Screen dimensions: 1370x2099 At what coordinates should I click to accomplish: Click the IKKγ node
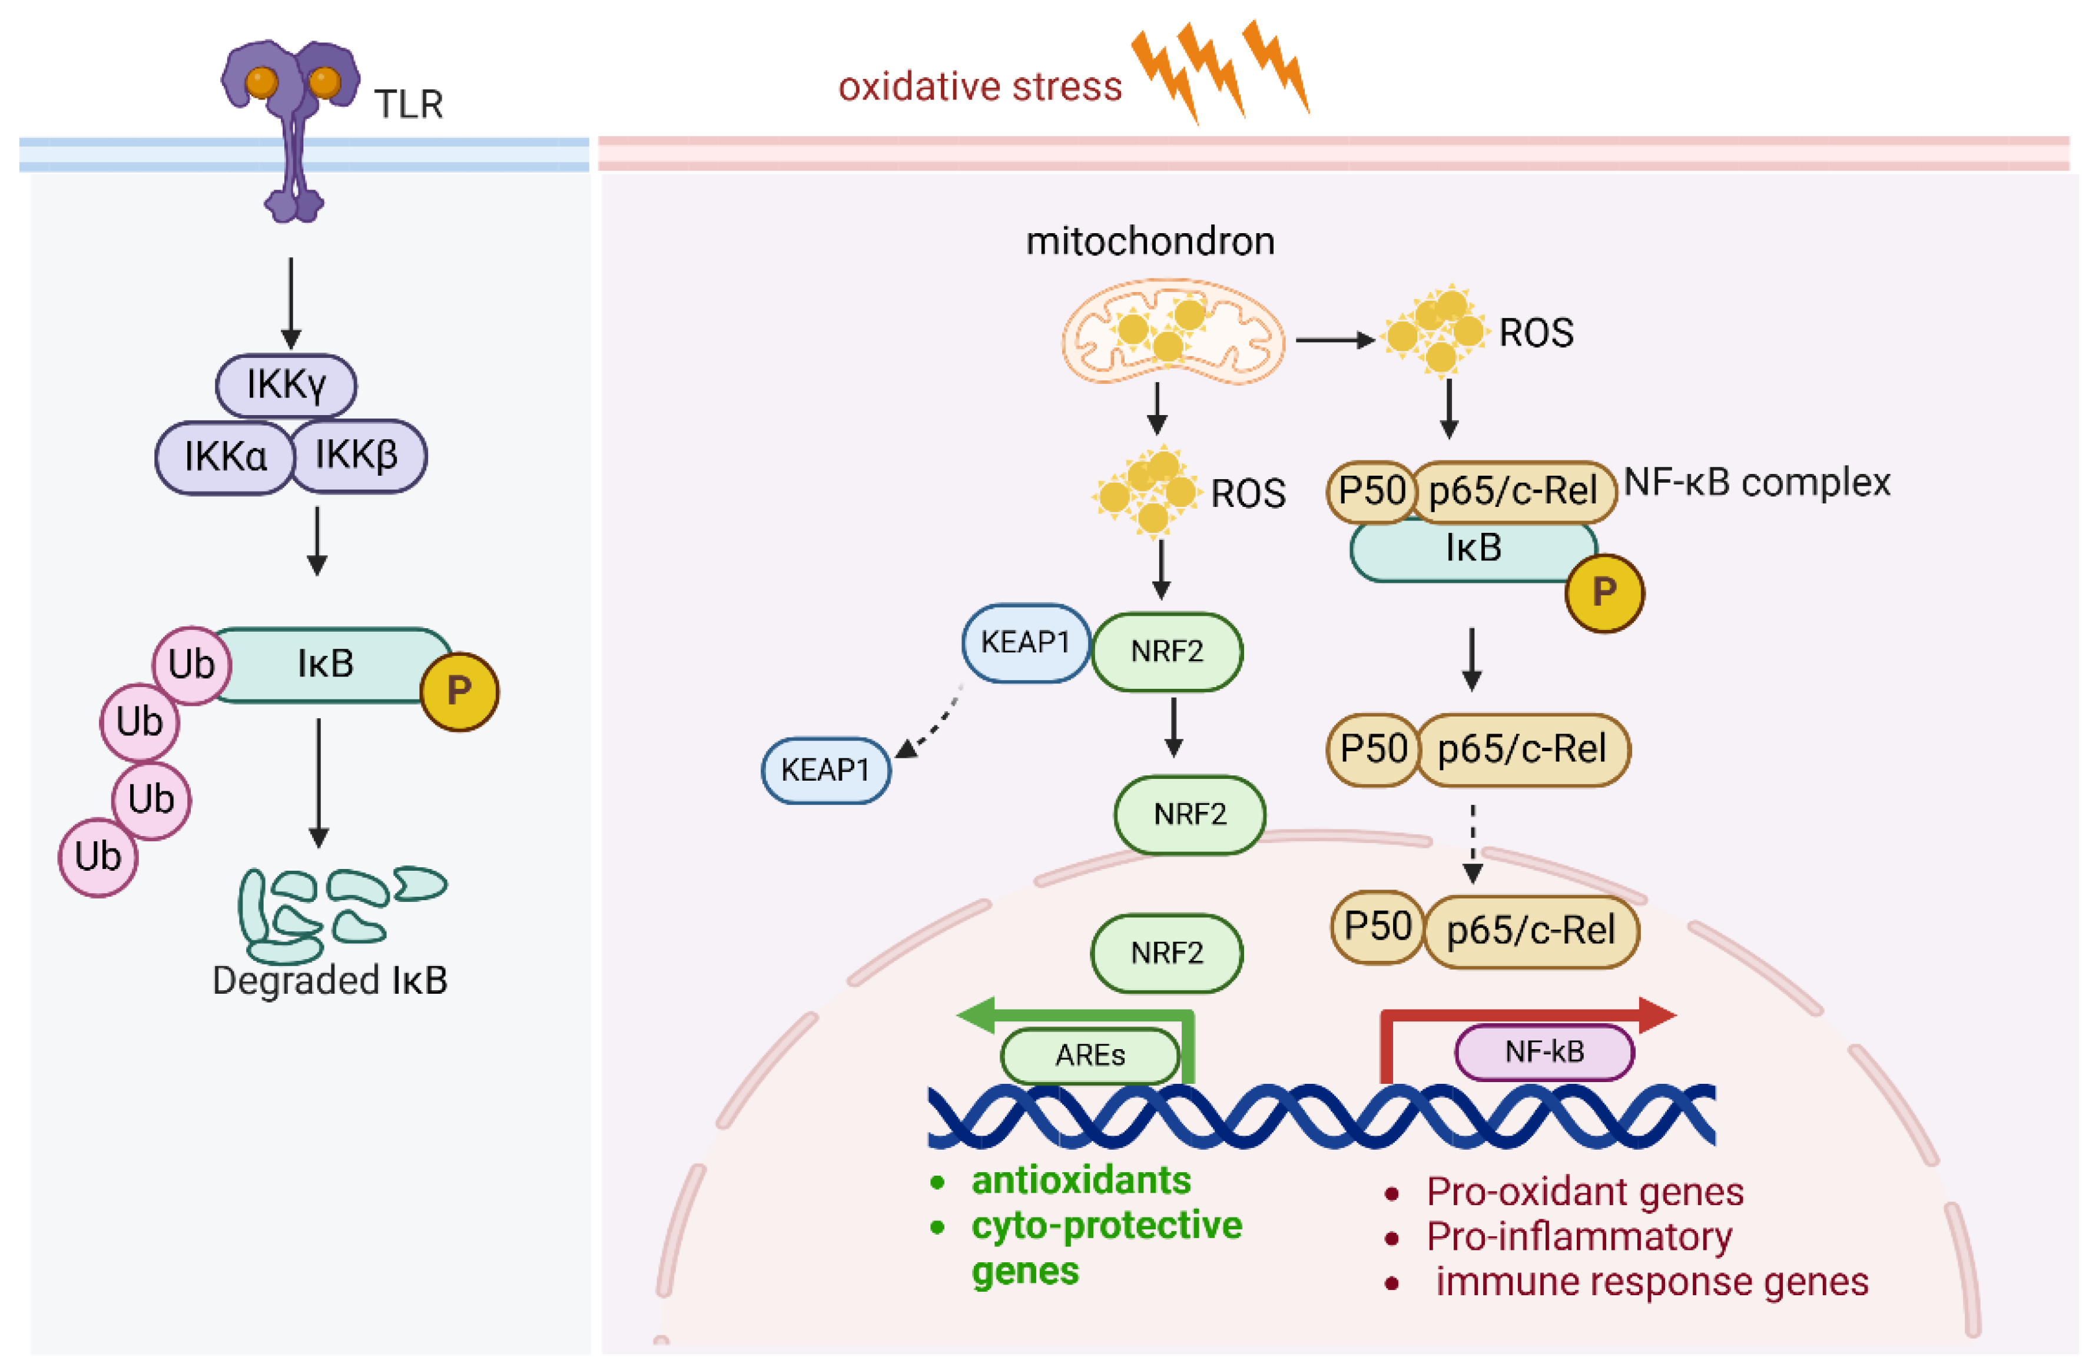tap(286, 385)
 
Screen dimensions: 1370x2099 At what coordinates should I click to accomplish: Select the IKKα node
tap(225, 457)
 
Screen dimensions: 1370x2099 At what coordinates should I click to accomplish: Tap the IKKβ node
tap(357, 456)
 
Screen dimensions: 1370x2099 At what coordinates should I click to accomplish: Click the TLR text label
tap(409, 104)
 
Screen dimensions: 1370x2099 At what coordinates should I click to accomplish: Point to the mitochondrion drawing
tap(1172, 333)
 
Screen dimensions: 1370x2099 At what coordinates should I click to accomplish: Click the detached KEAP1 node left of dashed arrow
tap(825, 771)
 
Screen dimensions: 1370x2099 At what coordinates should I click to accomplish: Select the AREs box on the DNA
tap(1090, 1055)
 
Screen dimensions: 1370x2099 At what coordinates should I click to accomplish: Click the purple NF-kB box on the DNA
tap(1543, 1051)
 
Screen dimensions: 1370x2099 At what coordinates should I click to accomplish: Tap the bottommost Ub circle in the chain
tap(98, 857)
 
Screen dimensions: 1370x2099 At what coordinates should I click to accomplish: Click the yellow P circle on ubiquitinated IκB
tap(459, 691)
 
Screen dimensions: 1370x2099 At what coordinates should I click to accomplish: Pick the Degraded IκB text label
tap(330, 980)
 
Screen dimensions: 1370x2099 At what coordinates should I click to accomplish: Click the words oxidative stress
tap(979, 87)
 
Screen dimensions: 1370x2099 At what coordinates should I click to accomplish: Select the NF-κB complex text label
tap(1757, 482)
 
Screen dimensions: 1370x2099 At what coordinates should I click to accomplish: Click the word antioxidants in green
tap(1080, 1180)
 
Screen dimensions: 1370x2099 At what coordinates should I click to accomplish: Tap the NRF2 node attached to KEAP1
tap(1167, 652)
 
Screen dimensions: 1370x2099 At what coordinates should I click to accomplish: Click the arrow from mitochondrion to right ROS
tap(1334, 340)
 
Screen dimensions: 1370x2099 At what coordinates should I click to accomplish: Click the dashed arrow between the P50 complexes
tap(1472, 842)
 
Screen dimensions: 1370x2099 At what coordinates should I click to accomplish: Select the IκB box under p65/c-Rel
tap(1473, 550)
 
